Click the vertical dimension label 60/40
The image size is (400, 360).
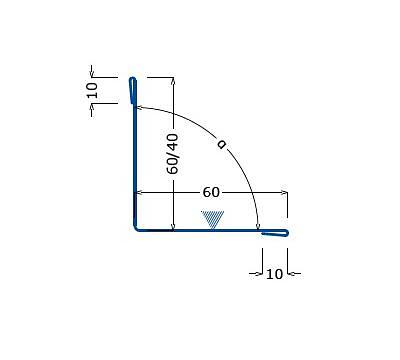pos(173,154)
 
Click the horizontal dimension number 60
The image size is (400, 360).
pos(211,192)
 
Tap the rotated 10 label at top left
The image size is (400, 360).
pos(92,90)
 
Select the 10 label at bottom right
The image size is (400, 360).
pos(274,274)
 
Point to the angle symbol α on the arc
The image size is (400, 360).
pos(221,144)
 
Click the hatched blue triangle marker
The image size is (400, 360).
pos(213,219)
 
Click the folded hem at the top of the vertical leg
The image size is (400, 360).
pos(133,91)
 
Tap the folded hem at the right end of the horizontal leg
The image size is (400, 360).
pos(275,233)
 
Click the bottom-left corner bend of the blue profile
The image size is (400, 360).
pos(136,228)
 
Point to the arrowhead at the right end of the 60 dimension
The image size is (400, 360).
pos(284,192)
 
